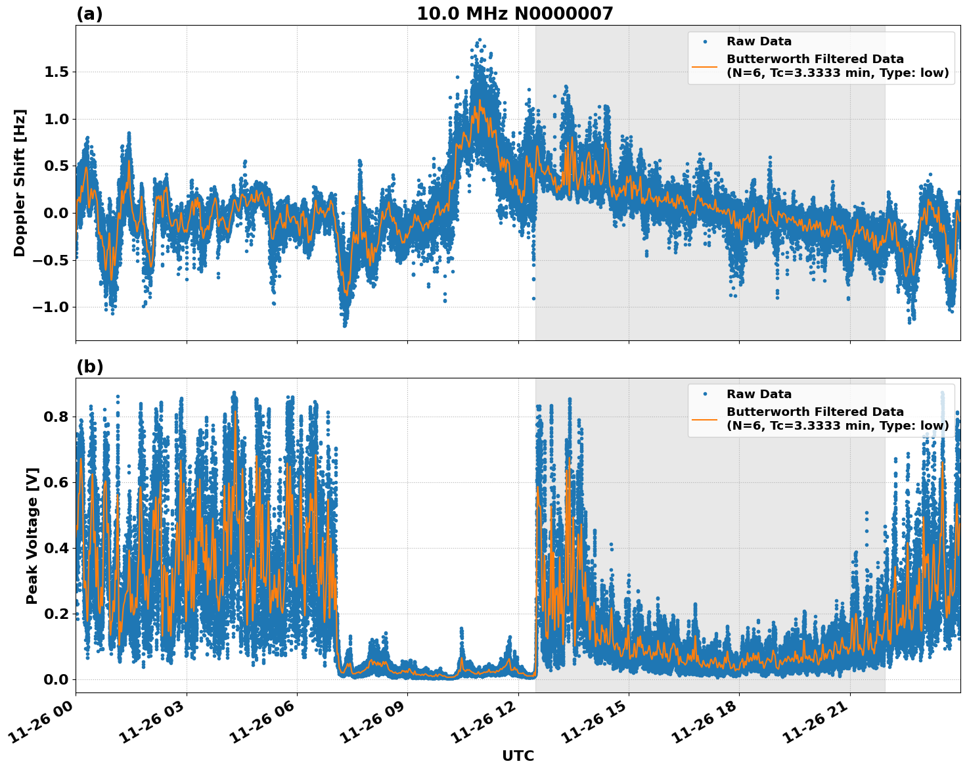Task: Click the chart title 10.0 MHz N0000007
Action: (x=514, y=14)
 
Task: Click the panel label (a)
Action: (x=89, y=14)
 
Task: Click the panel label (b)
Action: (x=89, y=367)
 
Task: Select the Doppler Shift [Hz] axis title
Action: (x=20, y=183)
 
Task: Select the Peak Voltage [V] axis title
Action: (x=32, y=535)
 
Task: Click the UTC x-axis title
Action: (x=518, y=756)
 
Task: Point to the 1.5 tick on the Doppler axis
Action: (x=56, y=72)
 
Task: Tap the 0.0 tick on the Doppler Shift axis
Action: (x=56, y=213)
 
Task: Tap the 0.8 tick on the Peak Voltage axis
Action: (x=56, y=417)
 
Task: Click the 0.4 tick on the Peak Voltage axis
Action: (x=56, y=548)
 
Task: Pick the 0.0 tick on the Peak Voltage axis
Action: (x=56, y=679)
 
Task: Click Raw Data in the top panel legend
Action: (x=759, y=41)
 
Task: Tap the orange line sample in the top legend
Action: (x=705, y=66)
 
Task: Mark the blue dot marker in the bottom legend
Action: (x=705, y=394)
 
